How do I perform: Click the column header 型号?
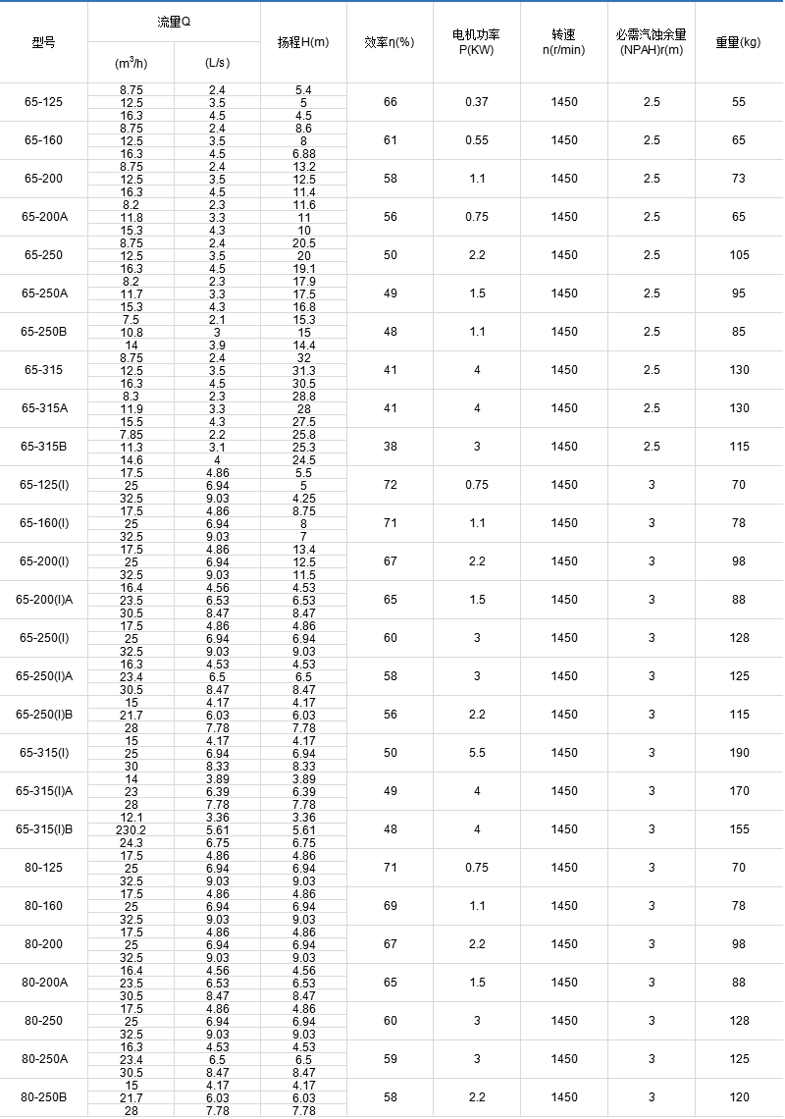[43, 42]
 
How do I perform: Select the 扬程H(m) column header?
[303, 42]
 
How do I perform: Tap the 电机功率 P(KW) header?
[476, 42]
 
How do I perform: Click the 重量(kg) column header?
[738, 42]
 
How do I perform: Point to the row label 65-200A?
[43, 217]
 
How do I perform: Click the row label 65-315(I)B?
[43, 829]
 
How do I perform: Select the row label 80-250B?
[43, 1097]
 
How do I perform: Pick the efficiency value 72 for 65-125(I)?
[391, 485]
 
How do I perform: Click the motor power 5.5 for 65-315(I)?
[477, 753]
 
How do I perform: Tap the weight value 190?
[738, 753]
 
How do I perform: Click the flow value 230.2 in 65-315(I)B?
[131, 829]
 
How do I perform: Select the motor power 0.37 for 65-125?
[477, 102]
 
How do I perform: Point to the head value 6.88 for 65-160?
[303, 154]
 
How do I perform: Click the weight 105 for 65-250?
[738, 255]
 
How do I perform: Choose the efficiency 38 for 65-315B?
[391, 447]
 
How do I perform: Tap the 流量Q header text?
[174, 22]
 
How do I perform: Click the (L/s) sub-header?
[217, 63]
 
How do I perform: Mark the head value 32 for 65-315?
[303, 358]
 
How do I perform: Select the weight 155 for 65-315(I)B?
[738, 829]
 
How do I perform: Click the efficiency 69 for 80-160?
[391, 906]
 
